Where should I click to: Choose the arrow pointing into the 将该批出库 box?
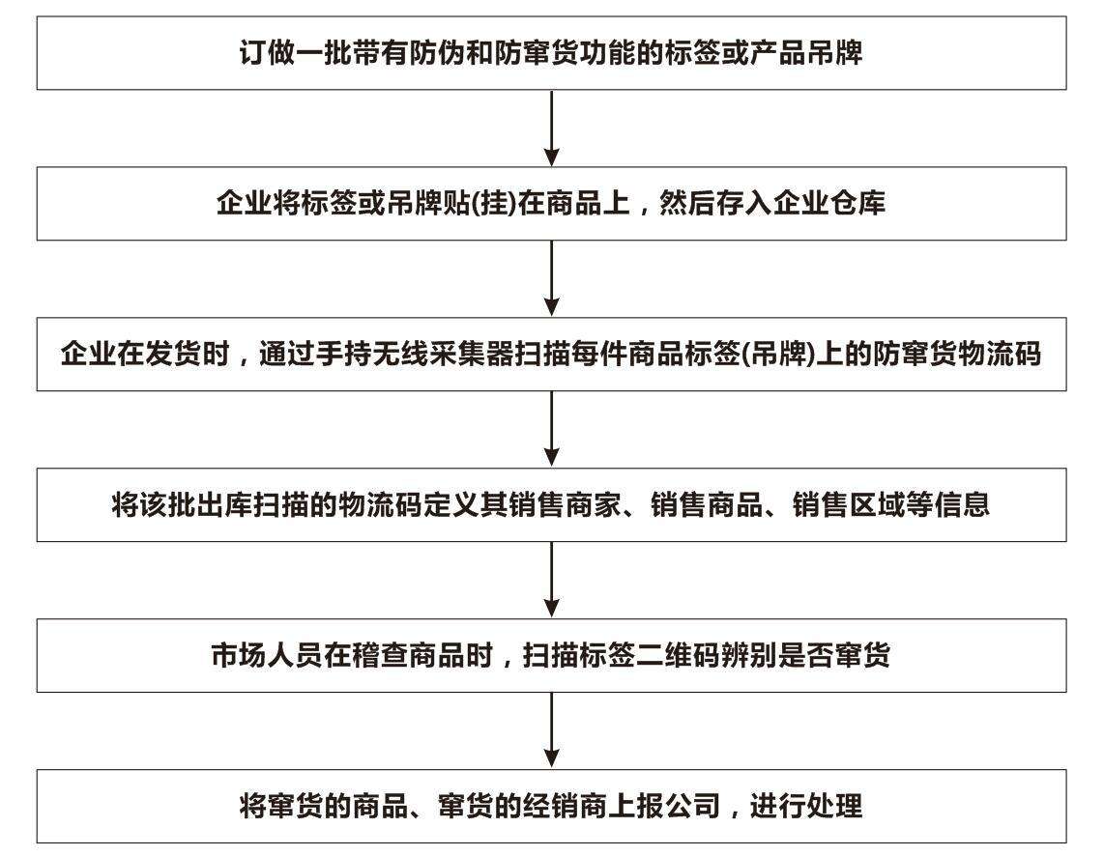[552, 429]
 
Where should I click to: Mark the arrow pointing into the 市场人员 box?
[552, 580]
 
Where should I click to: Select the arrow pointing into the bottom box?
[552, 730]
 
